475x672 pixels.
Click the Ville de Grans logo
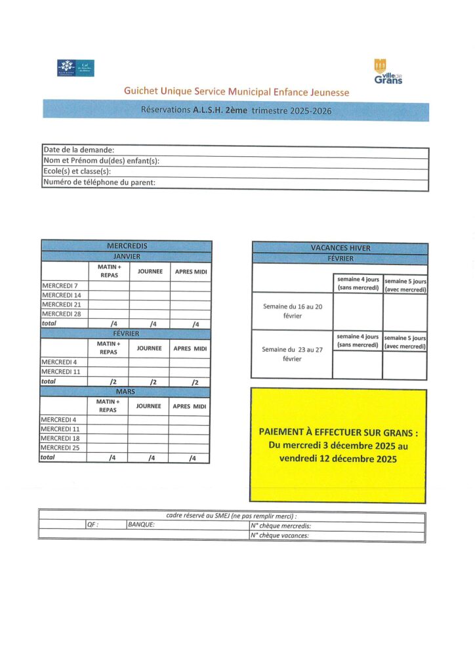[x=388, y=72]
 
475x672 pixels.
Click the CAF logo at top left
[x=75, y=68]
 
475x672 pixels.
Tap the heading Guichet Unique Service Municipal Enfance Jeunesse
[x=236, y=92]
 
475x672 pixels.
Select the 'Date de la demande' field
[x=235, y=150]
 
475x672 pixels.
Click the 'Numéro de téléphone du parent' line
[x=235, y=182]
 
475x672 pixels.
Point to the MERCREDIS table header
[x=127, y=245]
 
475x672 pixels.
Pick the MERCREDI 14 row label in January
[x=64, y=295]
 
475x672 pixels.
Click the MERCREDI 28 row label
[x=64, y=314]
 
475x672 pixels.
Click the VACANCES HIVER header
[x=340, y=248]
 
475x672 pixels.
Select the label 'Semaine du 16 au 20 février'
[x=292, y=311]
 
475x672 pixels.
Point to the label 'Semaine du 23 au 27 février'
[x=292, y=354]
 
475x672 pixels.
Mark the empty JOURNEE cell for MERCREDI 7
[x=150, y=286]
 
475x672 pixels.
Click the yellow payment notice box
[x=338, y=446]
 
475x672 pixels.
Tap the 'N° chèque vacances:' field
[x=337, y=535]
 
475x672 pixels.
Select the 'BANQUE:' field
[x=187, y=525]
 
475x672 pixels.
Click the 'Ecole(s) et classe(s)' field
[x=235, y=172]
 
